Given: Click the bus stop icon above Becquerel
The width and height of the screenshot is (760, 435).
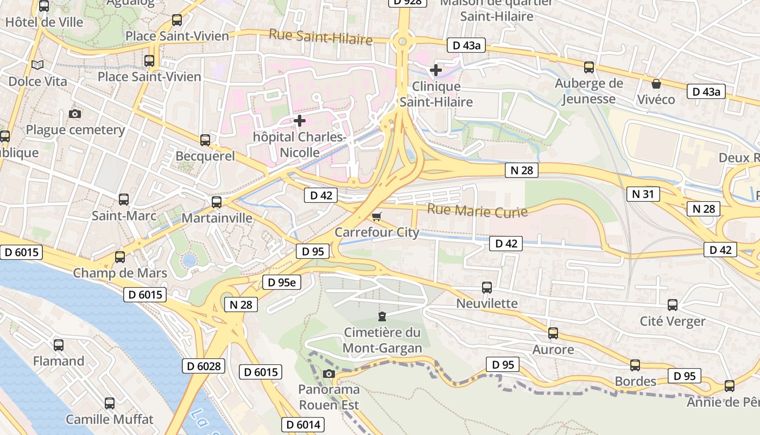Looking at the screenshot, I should point(205,140).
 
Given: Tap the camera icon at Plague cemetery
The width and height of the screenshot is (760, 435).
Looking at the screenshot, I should point(75,114).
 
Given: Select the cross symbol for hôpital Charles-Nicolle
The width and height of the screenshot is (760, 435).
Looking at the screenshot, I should point(299,120).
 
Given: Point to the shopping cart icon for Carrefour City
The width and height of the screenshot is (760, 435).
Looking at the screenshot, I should point(377,216).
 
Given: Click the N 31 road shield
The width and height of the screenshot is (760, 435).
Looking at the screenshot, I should point(643,194).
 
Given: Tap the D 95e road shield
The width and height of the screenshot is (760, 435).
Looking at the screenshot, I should point(282,282).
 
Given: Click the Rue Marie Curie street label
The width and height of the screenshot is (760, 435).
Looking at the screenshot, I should point(477,211).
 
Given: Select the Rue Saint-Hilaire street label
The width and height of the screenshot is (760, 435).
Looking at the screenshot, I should point(321,38).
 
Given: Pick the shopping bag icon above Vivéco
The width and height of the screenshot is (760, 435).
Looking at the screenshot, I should point(656,84).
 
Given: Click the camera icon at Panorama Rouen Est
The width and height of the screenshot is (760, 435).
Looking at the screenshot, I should point(328,374).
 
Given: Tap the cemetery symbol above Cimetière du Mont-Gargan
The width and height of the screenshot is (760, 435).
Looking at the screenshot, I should point(382,316).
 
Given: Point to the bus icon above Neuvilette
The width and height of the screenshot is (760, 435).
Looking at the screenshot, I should point(487,287).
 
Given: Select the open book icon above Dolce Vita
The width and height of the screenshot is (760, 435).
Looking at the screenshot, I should point(37,65).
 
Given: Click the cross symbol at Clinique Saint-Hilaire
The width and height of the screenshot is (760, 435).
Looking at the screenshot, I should point(435,70).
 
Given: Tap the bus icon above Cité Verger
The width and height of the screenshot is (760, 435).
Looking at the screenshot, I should point(673,305).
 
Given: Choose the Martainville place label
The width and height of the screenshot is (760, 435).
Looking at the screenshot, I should point(217,218).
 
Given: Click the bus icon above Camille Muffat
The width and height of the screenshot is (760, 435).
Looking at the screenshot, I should point(110,403).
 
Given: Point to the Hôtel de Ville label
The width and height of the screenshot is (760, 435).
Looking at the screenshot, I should point(44,22).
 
